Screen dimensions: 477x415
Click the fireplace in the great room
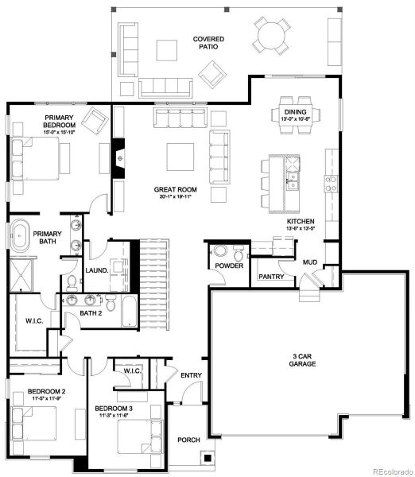pyautogui.click(x=119, y=158)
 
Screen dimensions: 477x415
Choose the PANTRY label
pyautogui.click(x=270, y=277)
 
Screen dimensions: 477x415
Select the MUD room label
pyautogui.click(x=311, y=262)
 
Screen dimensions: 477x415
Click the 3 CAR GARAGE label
pyautogui.click(x=303, y=359)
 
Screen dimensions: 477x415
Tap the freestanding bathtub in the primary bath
pyautogui.click(x=21, y=235)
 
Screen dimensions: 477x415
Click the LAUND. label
pyautogui.click(x=96, y=270)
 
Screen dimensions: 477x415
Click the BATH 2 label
pyautogui.click(x=90, y=313)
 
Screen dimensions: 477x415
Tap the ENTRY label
pyautogui.click(x=191, y=374)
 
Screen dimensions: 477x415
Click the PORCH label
pyautogui.click(x=188, y=439)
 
